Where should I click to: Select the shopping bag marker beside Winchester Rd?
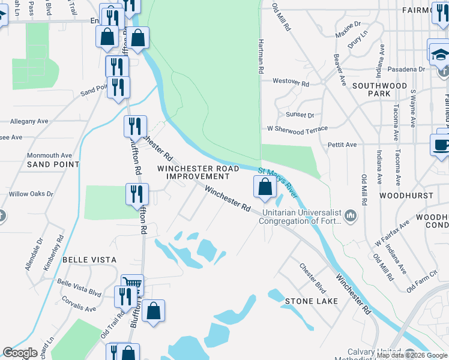(x=265, y=188)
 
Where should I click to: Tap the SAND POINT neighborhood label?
(x=53, y=164)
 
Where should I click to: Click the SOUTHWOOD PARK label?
(x=379, y=90)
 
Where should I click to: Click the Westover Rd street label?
(x=291, y=81)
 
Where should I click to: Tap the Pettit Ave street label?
(x=342, y=145)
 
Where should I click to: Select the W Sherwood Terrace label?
(x=298, y=129)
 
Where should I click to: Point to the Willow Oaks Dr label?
(x=31, y=194)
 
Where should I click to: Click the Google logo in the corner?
(x=20, y=353)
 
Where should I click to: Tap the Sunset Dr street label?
(x=300, y=115)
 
